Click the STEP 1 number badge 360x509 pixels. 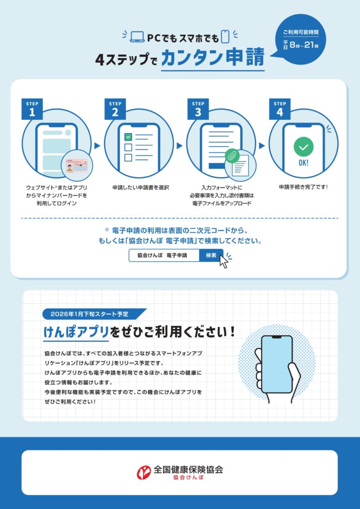pos(32,109)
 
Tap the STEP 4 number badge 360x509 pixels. pos(279,109)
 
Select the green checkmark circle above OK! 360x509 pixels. pos(303,147)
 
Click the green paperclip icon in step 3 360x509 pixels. pos(232,155)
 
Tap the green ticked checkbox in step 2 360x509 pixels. pos(128,137)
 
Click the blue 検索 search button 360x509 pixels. pos(211,255)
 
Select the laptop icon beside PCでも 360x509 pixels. pos(137,37)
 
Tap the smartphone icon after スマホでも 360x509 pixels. pos(225,37)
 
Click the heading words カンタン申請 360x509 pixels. pos(213,58)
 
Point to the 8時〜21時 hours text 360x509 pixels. pos(304,45)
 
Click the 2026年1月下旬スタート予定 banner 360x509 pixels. pos(94,314)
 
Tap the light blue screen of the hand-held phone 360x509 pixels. pos(276,364)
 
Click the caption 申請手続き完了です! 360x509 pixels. pos(303,187)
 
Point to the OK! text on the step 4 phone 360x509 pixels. pos(303,163)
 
